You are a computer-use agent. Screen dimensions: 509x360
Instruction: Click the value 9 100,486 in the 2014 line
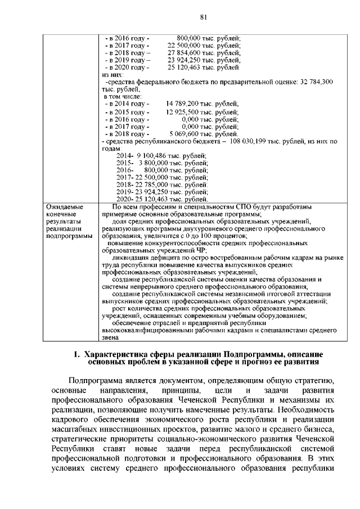tap(153, 155)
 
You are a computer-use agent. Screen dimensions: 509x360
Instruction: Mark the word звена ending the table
tap(110, 338)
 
